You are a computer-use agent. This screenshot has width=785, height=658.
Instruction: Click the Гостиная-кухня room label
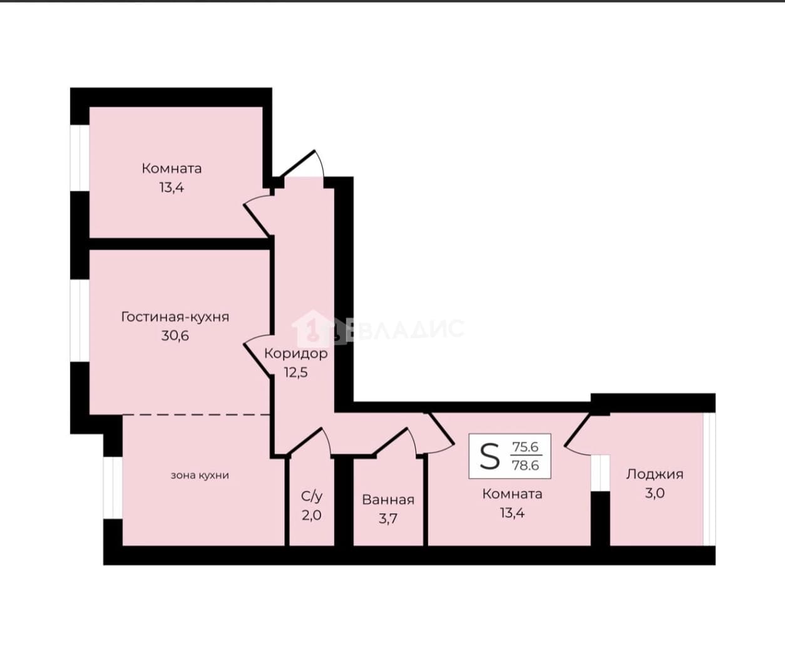[x=175, y=317]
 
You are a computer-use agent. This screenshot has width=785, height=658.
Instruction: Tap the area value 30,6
[x=175, y=335]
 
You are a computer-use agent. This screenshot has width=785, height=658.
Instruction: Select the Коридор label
[x=296, y=354]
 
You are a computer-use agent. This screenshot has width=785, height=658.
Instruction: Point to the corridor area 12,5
[x=296, y=372]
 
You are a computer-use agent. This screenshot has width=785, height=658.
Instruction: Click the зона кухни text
[x=200, y=476]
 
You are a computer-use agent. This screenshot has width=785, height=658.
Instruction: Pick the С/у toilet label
[x=312, y=497]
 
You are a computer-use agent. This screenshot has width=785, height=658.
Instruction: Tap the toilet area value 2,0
[x=312, y=515]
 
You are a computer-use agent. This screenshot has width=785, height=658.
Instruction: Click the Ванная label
[x=388, y=500]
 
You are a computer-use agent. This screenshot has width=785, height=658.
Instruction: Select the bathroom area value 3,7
[x=388, y=519]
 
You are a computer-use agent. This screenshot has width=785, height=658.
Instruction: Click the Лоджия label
[x=655, y=474]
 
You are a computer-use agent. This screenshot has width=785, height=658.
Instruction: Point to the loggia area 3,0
[x=655, y=493]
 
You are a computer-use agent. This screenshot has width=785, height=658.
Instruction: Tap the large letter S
[x=490, y=456]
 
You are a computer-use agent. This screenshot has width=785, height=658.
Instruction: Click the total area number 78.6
[x=526, y=466]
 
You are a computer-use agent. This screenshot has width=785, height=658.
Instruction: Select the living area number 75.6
[x=526, y=447]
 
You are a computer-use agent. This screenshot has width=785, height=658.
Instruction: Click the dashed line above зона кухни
[x=197, y=415]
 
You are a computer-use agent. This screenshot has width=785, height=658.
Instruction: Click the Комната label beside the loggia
[x=512, y=494]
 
